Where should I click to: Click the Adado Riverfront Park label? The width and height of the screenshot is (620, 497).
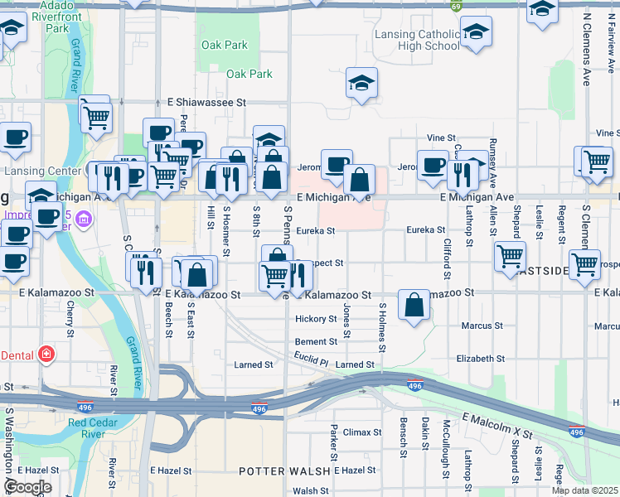57,16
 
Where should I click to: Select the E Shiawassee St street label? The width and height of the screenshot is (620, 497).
207,102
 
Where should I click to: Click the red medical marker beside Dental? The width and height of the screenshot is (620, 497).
47,355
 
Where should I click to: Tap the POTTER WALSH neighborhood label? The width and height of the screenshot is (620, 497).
274,471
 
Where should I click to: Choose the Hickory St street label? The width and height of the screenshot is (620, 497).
316,319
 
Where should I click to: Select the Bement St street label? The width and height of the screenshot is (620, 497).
316,342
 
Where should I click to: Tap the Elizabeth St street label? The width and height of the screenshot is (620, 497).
480,359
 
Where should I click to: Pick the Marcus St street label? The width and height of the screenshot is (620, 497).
482,326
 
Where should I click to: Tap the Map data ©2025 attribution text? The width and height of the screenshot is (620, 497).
584,490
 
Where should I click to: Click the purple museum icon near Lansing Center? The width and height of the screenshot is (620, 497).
83,220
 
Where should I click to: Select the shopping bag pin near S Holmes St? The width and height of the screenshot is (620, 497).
414,305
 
